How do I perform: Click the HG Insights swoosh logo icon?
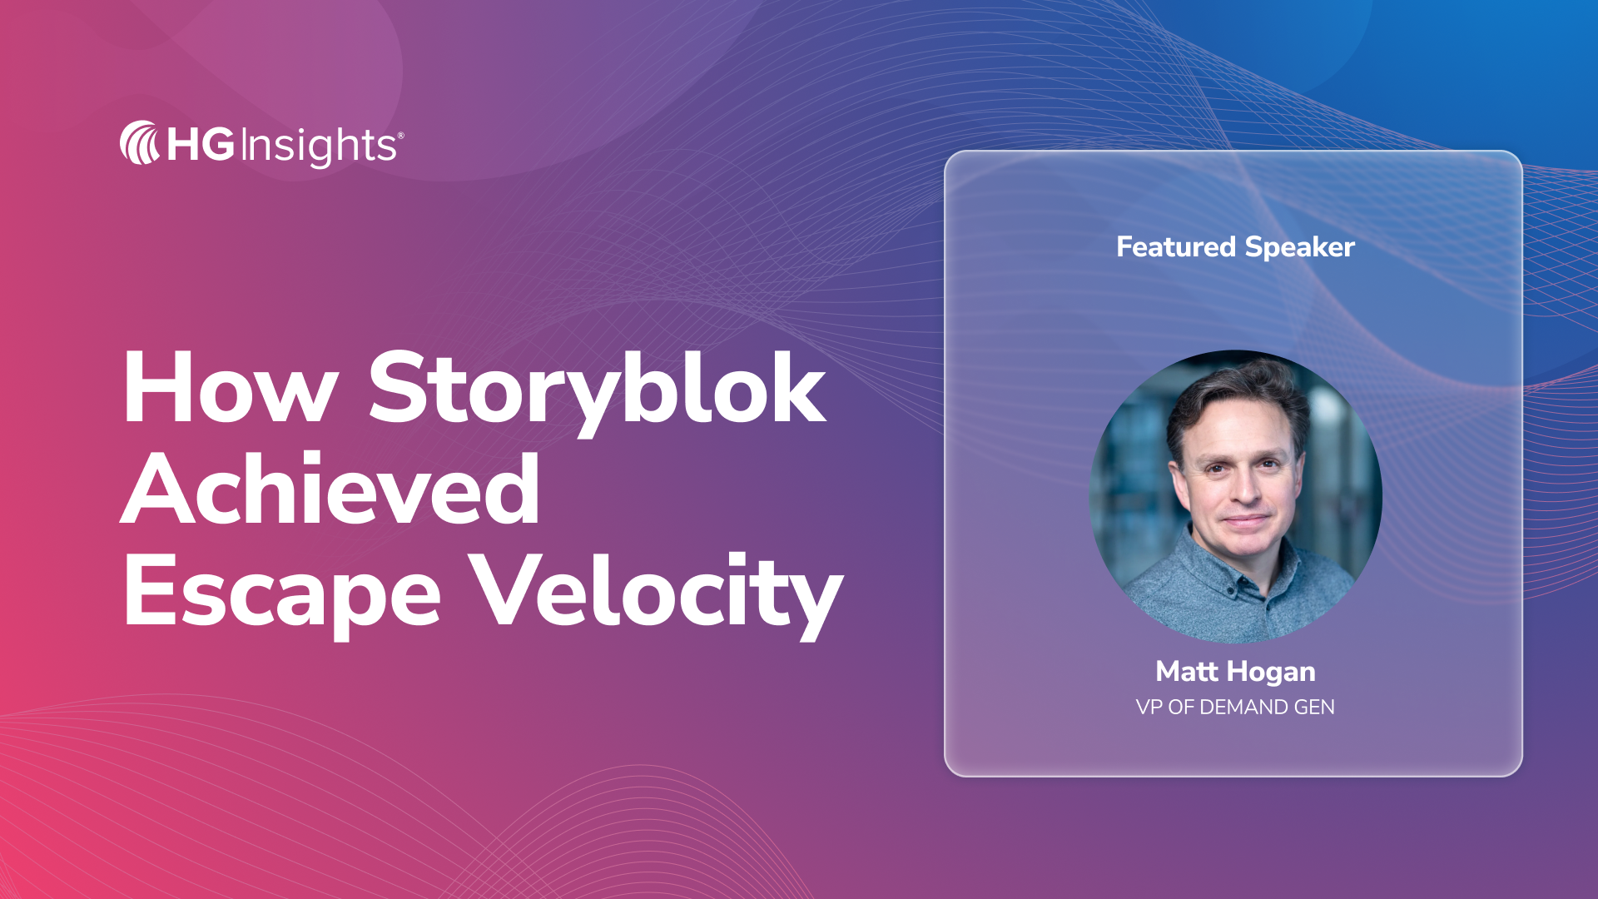139,143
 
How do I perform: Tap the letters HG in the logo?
201,144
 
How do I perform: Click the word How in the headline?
230,389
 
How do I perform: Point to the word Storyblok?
597,390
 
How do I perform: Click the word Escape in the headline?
282,593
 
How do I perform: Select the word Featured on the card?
1176,246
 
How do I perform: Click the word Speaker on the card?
1300,247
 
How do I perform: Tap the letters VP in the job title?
1149,708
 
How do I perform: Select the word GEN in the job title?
1314,708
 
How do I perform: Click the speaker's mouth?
1246,522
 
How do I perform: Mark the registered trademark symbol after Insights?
400,134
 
